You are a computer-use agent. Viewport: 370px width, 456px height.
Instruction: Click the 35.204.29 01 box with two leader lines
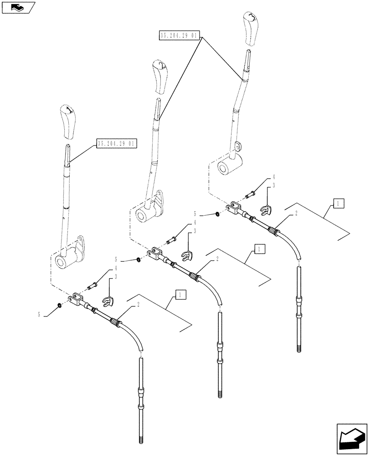click(x=179, y=35)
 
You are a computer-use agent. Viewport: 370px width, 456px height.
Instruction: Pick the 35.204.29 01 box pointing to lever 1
click(x=116, y=144)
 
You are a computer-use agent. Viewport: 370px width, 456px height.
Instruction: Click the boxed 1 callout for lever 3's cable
click(x=339, y=203)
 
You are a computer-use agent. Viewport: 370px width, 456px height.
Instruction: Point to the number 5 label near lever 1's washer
click(x=40, y=314)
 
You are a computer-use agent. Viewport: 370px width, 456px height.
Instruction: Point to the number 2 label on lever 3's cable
click(x=296, y=213)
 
